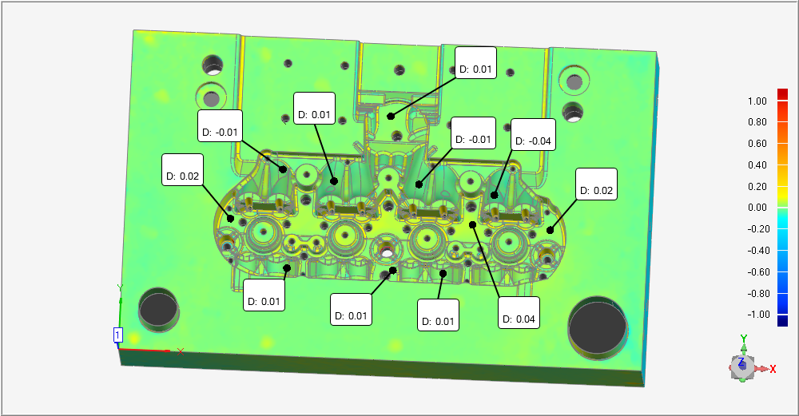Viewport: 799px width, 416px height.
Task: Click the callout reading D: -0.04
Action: pos(533,135)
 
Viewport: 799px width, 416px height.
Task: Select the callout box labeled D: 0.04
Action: pos(519,313)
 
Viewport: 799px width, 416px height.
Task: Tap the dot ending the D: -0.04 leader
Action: pos(494,195)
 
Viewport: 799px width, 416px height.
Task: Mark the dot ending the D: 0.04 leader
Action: pos(472,224)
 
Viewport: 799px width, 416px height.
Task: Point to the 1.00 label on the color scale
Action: pos(757,101)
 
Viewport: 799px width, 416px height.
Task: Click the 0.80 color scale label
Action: pos(757,122)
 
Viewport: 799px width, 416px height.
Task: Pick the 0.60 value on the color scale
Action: pos(757,144)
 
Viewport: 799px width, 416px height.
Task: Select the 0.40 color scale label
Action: pos(757,165)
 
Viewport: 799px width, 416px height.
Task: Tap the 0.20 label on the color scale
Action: pos(757,186)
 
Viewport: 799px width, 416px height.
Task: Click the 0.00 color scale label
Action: pos(757,208)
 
